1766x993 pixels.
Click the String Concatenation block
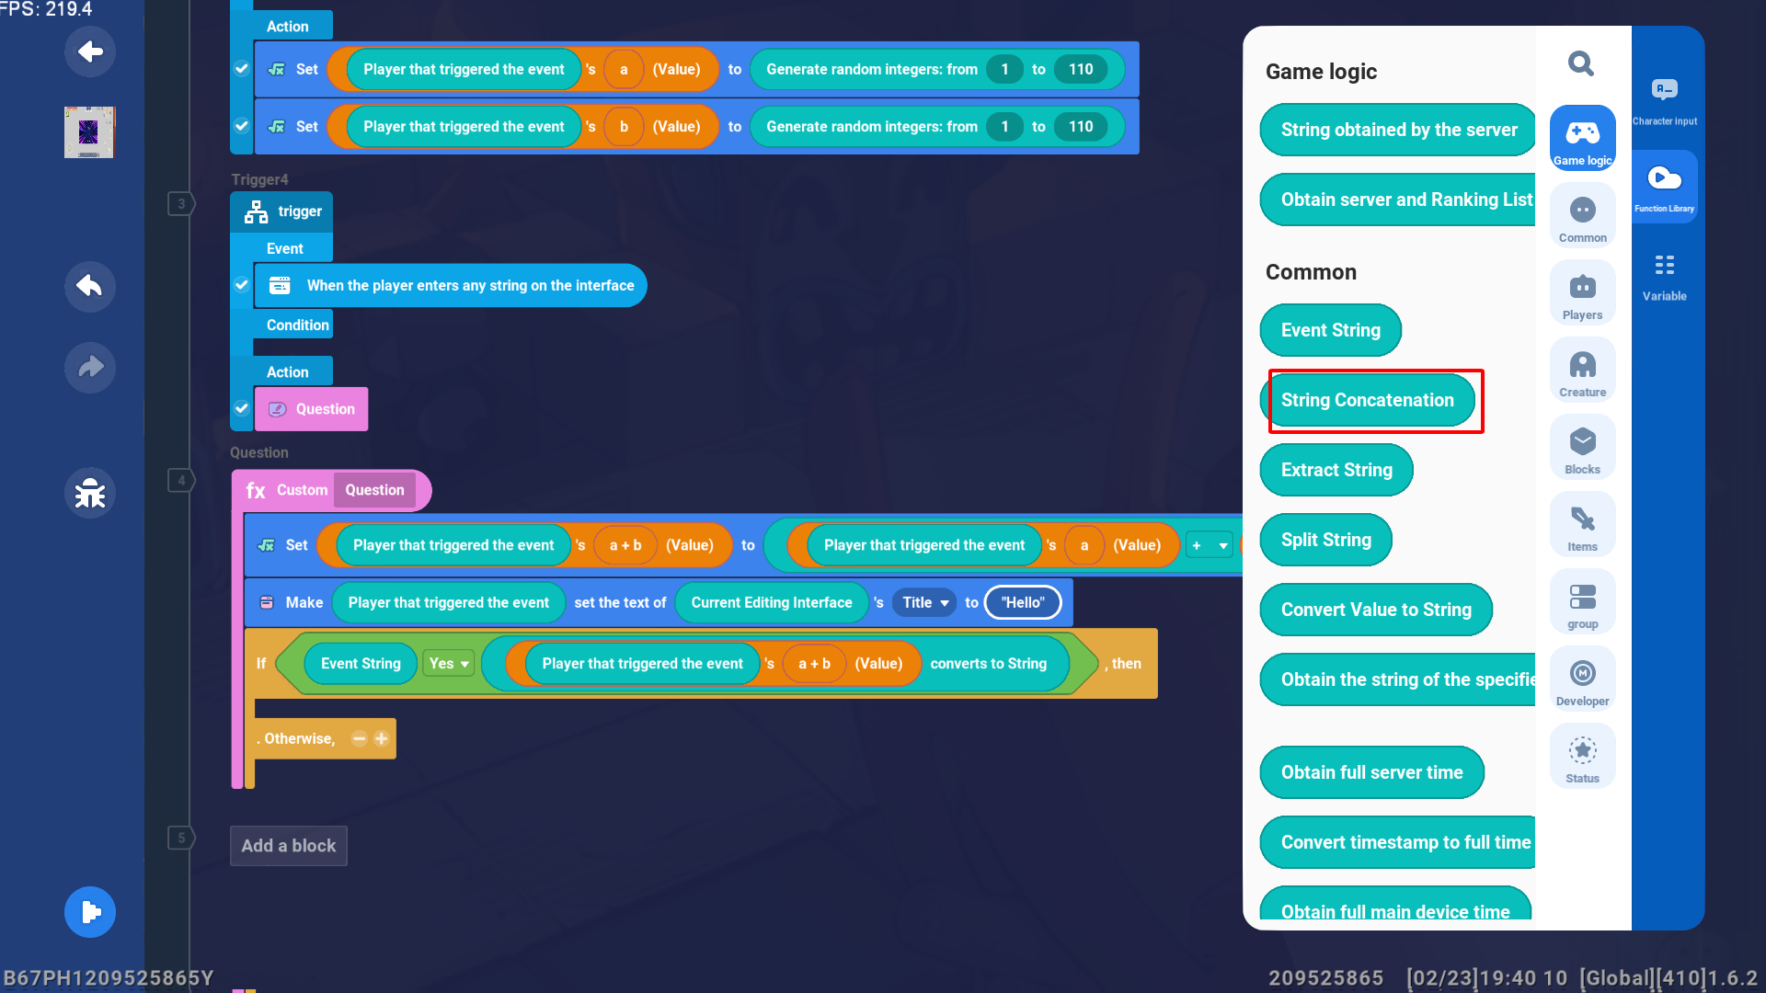(x=1367, y=400)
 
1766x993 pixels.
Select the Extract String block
(x=1336, y=470)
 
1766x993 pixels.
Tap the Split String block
(x=1325, y=540)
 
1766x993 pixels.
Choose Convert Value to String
(x=1375, y=610)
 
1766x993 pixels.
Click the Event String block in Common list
(x=1330, y=330)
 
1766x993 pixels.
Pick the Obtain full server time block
(x=1371, y=772)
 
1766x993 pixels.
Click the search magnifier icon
(x=1581, y=63)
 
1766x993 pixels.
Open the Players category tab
(x=1582, y=294)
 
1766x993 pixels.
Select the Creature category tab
(x=1582, y=371)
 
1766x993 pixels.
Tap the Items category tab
(x=1582, y=526)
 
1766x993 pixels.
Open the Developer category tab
(x=1582, y=680)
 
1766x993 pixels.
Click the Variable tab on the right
(x=1664, y=276)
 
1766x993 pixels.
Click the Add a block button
(x=288, y=846)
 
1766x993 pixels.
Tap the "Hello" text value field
(x=1023, y=603)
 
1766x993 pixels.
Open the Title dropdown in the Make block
(x=924, y=603)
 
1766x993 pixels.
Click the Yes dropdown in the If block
(x=449, y=664)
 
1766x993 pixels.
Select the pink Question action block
(x=312, y=409)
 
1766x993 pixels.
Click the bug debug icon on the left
(x=90, y=494)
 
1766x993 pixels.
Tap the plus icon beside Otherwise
(x=382, y=738)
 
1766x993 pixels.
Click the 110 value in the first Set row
(x=1081, y=70)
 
